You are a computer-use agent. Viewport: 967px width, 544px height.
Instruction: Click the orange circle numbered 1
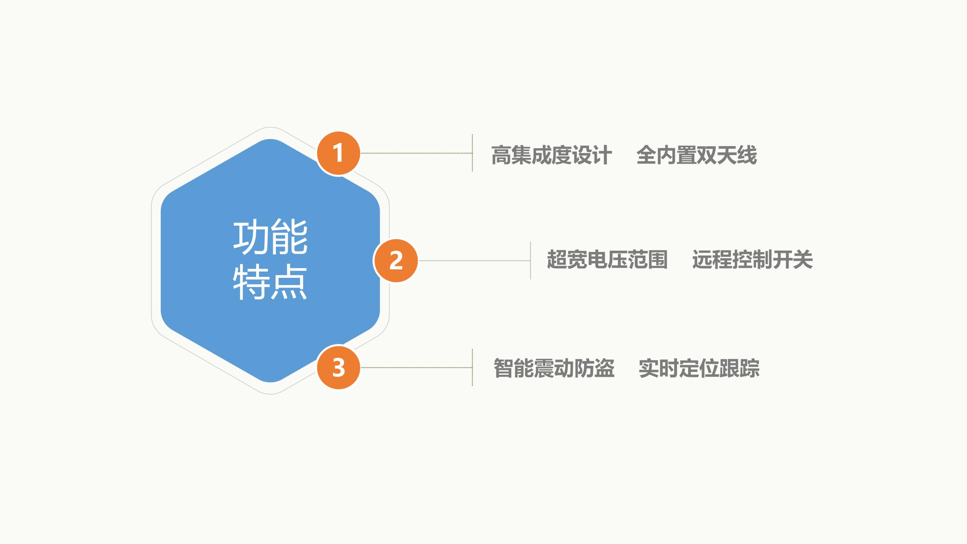(338, 153)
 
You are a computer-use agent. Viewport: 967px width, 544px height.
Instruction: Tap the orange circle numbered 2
(396, 260)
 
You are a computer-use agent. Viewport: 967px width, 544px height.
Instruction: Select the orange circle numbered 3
(338, 367)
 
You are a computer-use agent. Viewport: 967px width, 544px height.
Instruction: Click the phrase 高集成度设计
(552, 155)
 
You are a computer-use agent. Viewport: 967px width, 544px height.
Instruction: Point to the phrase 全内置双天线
(697, 155)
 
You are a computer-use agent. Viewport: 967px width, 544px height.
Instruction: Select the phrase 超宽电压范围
(607, 259)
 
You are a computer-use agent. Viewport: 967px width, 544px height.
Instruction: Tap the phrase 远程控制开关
(752, 259)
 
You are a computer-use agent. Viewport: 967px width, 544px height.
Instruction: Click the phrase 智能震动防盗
(554, 368)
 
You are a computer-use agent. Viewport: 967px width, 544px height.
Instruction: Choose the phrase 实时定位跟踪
(699, 368)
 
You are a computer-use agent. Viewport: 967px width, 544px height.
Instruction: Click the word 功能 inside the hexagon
(270, 237)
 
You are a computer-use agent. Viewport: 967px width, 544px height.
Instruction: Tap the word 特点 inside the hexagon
(270, 282)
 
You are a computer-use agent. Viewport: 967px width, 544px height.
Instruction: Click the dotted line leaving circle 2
(474, 260)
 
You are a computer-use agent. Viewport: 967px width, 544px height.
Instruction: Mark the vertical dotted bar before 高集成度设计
(472, 153)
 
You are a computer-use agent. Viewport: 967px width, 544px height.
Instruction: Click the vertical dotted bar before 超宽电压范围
(531, 260)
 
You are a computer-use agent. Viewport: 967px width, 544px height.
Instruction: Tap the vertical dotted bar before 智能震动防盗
(472, 367)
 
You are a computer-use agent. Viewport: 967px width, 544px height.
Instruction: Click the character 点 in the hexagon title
(289, 282)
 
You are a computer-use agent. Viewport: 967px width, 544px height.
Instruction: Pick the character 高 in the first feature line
(501, 155)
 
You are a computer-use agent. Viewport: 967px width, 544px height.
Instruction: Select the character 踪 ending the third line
(750, 368)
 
